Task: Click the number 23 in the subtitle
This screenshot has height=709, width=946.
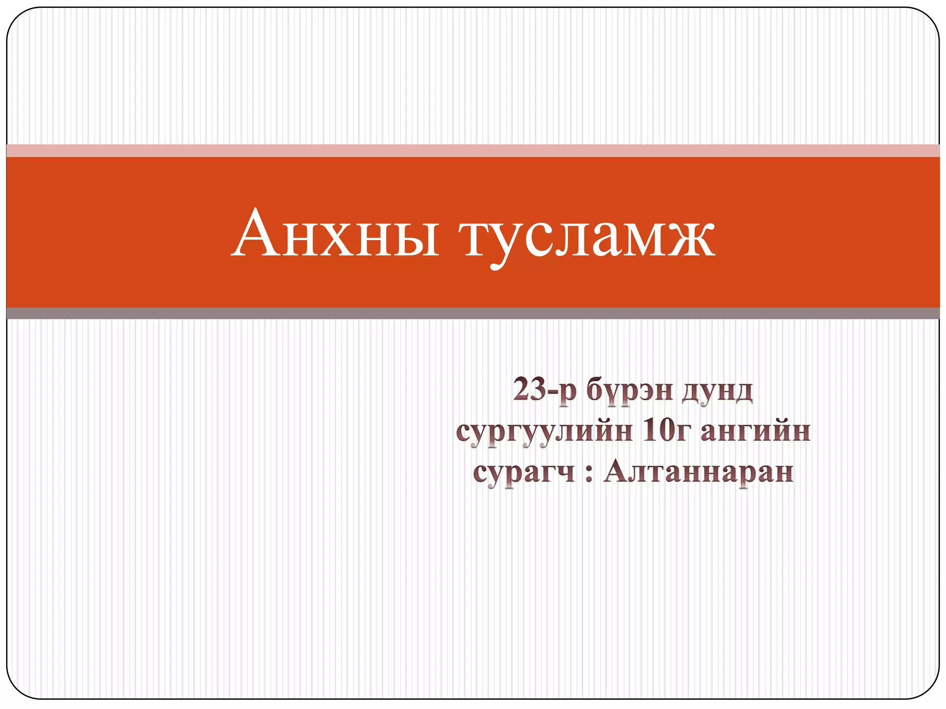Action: click(529, 389)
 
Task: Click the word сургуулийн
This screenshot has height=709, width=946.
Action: click(543, 432)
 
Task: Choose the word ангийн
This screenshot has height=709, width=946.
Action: click(756, 431)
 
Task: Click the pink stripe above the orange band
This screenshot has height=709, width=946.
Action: click(473, 150)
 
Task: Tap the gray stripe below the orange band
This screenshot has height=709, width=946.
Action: click(473, 313)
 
